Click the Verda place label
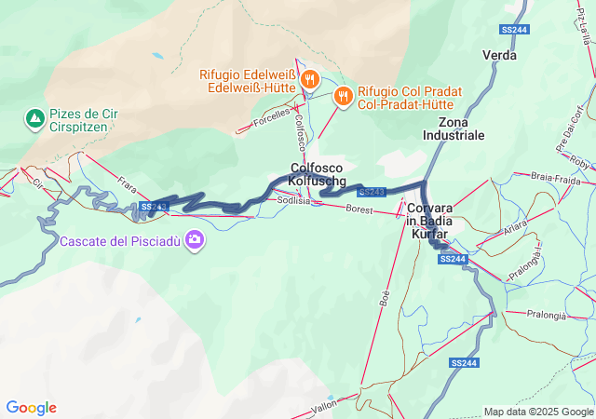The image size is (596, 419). point(499,55)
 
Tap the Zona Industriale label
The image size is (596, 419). point(454,128)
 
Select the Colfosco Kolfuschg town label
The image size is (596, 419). point(318,174)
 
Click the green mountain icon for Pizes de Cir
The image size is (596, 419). point(34,118)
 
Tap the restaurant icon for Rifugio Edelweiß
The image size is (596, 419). point(311,80)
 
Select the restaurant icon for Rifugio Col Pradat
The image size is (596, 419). point(343,94)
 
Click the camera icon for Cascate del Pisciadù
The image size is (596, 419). point(195,240)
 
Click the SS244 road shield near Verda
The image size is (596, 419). point(514,30)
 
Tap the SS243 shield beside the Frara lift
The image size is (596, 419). point(154,207)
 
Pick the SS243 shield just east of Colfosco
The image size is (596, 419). point(371,192)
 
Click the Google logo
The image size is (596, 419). point(31,408)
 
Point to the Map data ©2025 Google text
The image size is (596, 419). point(537,412)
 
